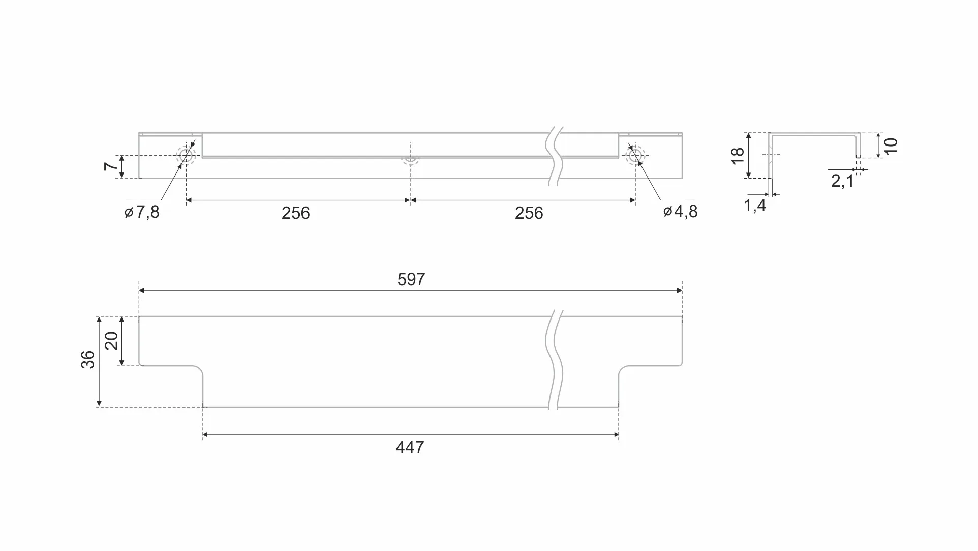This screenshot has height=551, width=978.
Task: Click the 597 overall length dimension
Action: tap(411, 279)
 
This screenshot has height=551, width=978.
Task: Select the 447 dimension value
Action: tap(410, 447)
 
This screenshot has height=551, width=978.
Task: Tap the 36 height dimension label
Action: tap(88, 360)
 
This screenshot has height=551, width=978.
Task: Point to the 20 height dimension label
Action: tap(111, 340)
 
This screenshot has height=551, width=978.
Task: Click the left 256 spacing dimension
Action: tap(295, 213)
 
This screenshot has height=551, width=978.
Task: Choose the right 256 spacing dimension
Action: tap(529, 213)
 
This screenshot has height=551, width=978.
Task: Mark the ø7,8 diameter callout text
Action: tap(142, 212)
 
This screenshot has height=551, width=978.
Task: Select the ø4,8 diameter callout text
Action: tap(680, 211)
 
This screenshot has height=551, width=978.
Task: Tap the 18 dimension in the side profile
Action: tap(738, 155)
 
